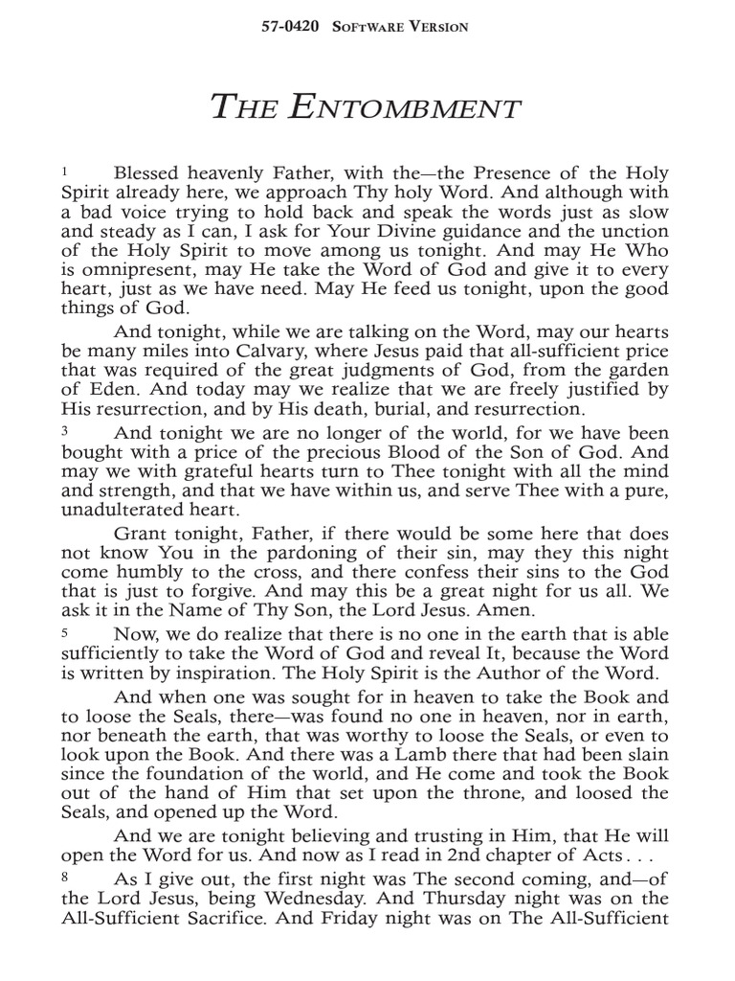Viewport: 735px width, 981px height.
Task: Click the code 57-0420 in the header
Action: click(293, 27)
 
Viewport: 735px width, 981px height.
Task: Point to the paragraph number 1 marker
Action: click(64, 171)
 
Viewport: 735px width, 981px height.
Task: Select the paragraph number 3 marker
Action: click(64, 431)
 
